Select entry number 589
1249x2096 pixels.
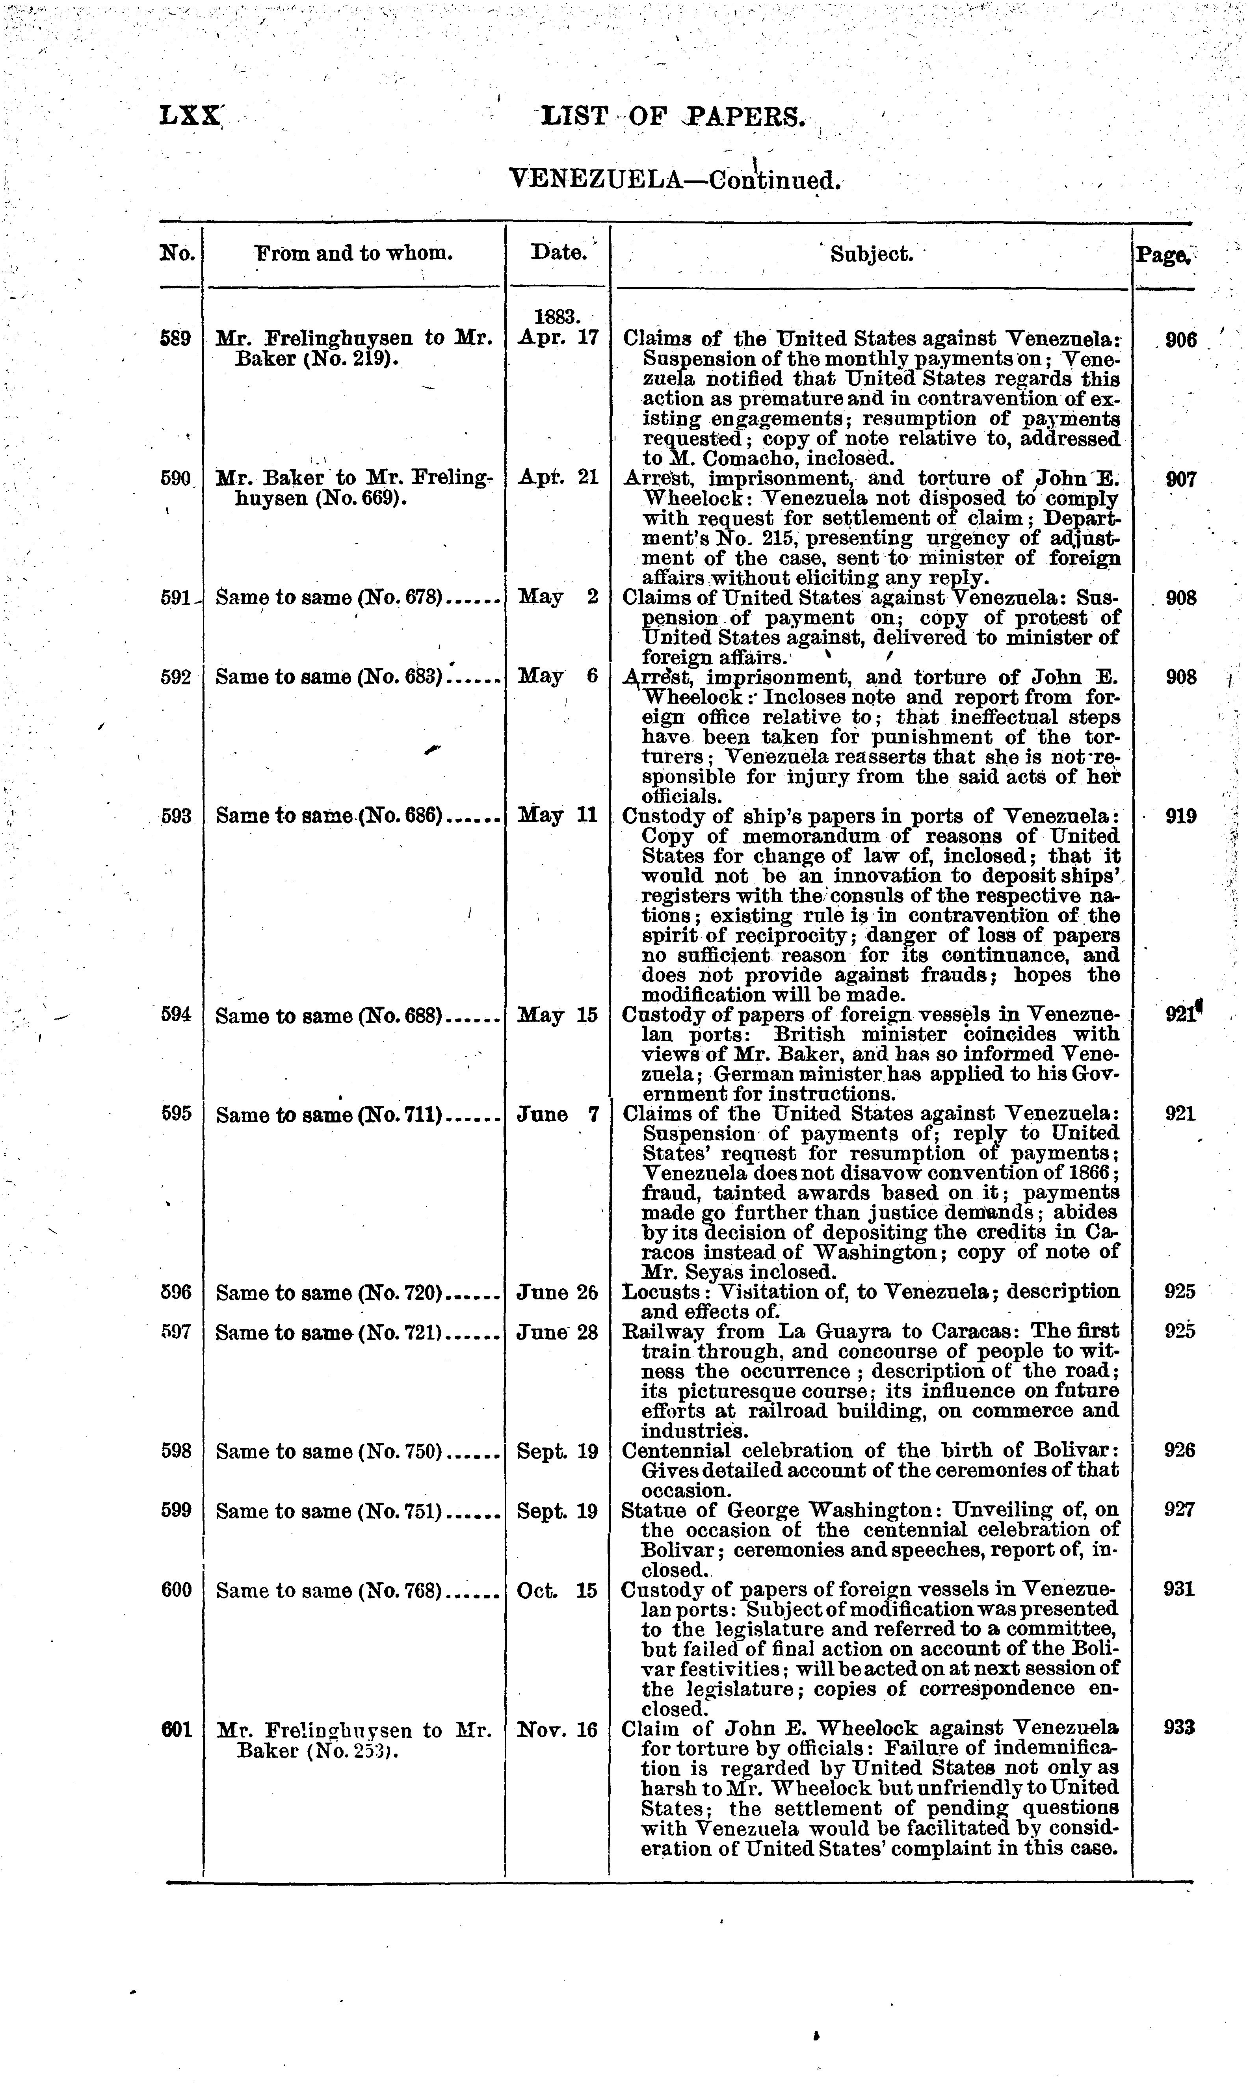(x=177, y=339)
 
